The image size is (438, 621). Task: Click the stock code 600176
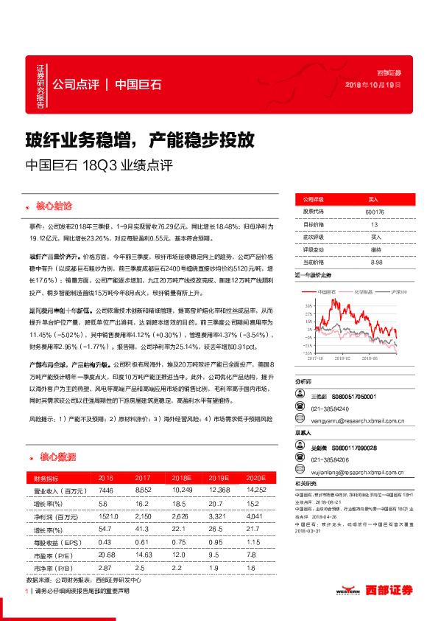point(374,212)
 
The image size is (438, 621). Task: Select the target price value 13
point(374,224)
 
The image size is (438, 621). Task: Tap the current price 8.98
point(377,262)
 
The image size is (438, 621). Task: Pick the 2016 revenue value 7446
point(105,491)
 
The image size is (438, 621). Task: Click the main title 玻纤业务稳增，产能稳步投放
point(140,138)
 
